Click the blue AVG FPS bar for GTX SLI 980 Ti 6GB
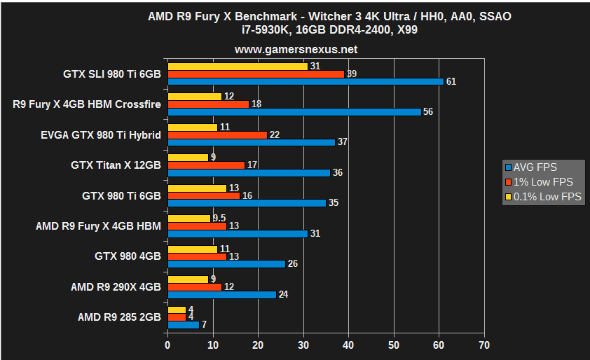point(306,81)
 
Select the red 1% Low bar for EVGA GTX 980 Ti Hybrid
point(217,134)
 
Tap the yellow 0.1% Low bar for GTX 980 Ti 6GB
point(197,188)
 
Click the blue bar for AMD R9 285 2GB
point(183,325)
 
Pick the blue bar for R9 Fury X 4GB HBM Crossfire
point(294,112)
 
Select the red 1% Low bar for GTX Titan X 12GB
point(206,165)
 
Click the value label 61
point(451,82)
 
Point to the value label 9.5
point(219,219)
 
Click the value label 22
point(275,135)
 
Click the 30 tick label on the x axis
point(303,345)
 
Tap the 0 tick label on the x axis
point(167,345)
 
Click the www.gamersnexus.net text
point(296,50)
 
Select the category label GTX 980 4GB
point(128,256)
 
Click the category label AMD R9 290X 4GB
point(116,286)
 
